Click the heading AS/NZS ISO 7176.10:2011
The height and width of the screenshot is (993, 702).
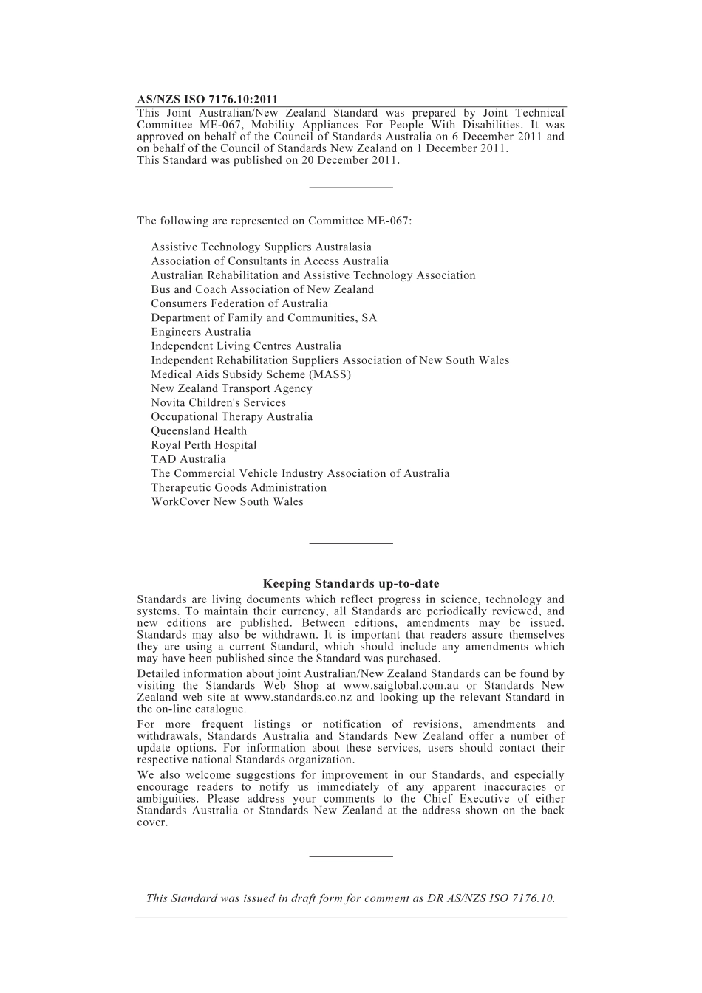click(208, 100)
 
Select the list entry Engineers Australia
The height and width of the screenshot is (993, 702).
click(201, 332)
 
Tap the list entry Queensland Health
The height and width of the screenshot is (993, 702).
click(199, 431)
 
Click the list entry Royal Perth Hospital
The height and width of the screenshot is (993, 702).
click(204, 445)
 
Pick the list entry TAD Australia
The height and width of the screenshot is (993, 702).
click(188, 459)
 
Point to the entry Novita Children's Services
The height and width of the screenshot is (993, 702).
click(218, 403)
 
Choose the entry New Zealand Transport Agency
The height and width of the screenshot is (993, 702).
click(231, 389)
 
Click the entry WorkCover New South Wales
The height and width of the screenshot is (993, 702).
click(227, 502)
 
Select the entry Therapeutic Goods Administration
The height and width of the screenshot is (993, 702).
click(239, 488)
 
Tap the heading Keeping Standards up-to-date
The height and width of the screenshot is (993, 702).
click(351, 584)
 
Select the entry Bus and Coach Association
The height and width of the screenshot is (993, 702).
click(262, 290)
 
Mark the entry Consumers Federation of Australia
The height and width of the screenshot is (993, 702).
click(239, 304)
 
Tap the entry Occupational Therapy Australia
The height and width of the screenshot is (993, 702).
click(231, 417)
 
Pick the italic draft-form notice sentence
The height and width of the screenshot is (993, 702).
click(351, 898)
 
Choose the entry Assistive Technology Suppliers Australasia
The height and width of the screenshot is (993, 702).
click(261, 247)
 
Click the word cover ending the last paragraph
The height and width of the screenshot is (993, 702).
click(151, 822)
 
